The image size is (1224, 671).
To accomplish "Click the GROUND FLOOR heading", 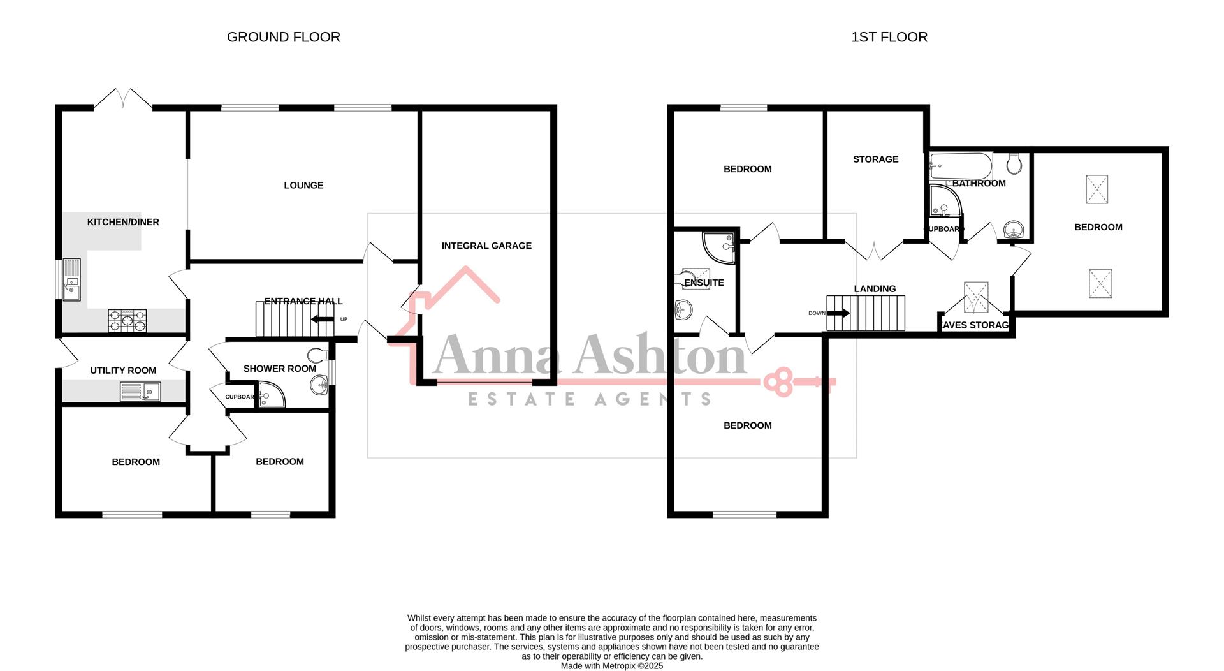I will click(x=284, y=37).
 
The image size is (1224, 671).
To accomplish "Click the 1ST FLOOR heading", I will click(x=889, y=37).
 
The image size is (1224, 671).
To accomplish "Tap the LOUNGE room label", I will click(x=303, y=185).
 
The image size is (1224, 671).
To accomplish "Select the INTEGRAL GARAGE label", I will click(x=486, y=246).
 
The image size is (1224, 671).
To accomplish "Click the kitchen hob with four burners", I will click(x=127, y=320).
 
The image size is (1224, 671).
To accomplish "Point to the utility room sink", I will click(x=140, y=391).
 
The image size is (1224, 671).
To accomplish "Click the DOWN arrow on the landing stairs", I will click(x=838, y=313).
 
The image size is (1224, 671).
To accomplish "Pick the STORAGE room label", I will click(x=875, y=159).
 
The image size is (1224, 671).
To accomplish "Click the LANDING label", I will click(x=875, y=289).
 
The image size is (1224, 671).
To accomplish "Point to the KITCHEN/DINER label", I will click(x=123, y=222).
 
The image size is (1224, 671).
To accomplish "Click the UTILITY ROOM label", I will click(x=123, y=371).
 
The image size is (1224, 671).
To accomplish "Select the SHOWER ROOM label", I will click(x=279, y=369).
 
